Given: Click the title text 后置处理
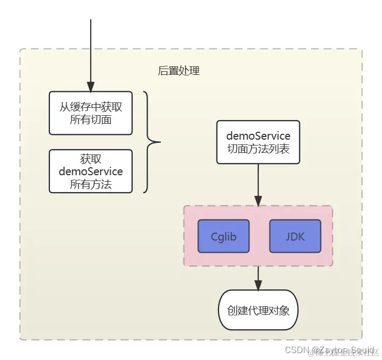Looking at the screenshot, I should [179, 71].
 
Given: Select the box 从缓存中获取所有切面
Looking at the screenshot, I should [91, 113].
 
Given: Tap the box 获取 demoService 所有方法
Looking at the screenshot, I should [91, 171].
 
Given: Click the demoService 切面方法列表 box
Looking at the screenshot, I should [258, 142].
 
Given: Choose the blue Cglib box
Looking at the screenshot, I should [223, 236].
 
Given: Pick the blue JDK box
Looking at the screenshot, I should [295, 236].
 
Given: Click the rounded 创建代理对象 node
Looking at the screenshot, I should [258, 310].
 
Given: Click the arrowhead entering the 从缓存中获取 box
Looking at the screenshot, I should [91, 87].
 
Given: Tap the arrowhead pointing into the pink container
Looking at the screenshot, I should [258, 201].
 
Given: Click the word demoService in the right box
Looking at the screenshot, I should [258, 135].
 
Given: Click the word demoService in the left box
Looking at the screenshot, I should [91, 172].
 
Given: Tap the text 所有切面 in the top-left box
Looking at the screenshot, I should [91, 119].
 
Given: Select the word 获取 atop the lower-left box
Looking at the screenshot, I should [91, 159].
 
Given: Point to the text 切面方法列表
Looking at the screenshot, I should [258, 149].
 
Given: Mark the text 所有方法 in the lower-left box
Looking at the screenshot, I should [91, 184].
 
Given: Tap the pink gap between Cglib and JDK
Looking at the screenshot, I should [259, 236].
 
